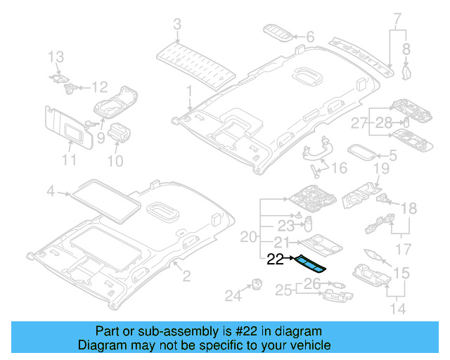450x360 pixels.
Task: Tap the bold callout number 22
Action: click(276, 259)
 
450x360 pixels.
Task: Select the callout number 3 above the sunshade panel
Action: click(177, 25)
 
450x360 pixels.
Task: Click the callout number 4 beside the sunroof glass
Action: click(50, 191)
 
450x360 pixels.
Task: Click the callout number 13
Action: click(56, 56)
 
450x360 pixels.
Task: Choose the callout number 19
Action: click(380, 168)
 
